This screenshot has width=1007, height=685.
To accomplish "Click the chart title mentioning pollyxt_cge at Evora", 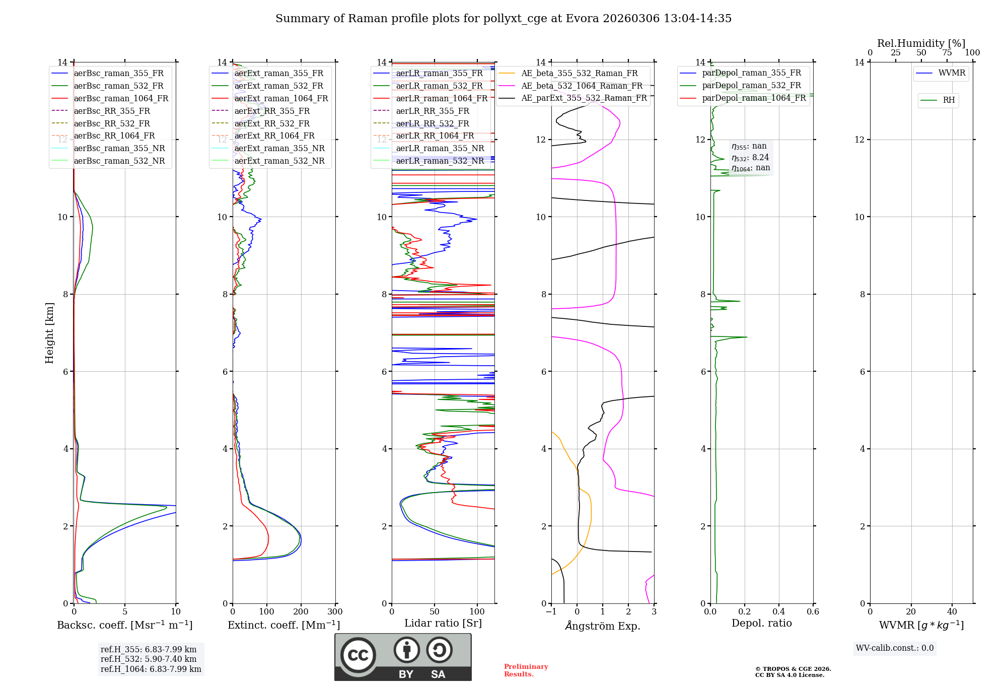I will click(x=503, y=19).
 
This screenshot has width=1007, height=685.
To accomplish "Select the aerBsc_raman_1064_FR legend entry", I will click(x=121, y=98).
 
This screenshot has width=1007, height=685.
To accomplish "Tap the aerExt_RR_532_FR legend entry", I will click(x=272, y=123).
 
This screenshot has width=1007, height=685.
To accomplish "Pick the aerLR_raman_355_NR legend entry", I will click(x=440, y=148).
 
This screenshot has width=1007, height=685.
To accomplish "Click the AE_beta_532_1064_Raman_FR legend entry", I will click(x=582, y=86).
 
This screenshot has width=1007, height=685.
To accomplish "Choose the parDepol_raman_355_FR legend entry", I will click(x=751, y=73).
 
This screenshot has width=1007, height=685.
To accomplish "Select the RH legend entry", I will click(x=949, y=100).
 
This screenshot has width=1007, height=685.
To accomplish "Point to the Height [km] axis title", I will click(x=49, y=333).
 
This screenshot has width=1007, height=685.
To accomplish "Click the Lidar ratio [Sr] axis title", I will click(x=443, y=623).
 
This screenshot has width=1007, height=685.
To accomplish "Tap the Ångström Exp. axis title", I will click(x=603, y=626).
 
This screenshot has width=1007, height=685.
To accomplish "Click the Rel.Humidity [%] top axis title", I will click(x=921, y=43).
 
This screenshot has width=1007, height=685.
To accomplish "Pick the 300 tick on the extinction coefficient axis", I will click(x=335, y=612).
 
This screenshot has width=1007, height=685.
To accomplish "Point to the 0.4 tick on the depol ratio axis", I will click(x=778, y=612).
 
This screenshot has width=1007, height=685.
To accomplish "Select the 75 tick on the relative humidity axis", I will click(x=947, y=53).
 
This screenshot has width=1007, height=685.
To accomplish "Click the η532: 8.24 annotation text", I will click(x=750, y=158).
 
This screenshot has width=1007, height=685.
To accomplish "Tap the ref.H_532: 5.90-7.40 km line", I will click(x=149, y=659).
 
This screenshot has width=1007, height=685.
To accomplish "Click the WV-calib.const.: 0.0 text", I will click(x=895, y=648).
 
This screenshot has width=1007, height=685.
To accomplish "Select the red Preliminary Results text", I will click(x=526, y=670).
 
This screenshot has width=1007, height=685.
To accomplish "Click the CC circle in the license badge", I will click(x=358, y=655).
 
